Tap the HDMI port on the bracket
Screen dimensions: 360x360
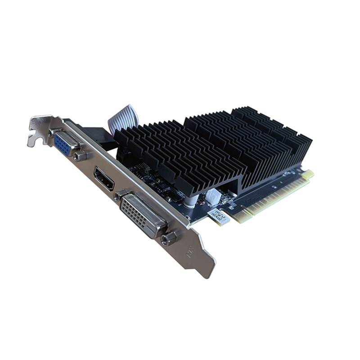coord(103,179)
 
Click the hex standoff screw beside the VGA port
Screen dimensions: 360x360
coord(80,156)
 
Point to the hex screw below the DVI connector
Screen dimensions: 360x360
coord(170,238)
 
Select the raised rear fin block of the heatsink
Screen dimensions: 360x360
coord(270,130)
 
